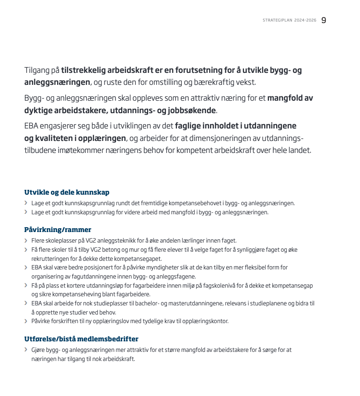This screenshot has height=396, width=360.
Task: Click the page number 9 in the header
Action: pos(324,20)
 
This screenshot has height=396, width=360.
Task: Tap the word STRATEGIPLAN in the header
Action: pos(278,21)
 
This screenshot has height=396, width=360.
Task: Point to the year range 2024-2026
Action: pos(306,21)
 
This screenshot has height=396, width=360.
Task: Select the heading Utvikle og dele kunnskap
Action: pos(67,192)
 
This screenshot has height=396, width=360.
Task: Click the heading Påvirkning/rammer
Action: pos(58,230)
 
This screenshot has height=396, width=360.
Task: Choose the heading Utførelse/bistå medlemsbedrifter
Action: pos(81,339)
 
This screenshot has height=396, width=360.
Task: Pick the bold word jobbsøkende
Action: pos(190,110)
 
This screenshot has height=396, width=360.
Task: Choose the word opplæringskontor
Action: pos(205,321)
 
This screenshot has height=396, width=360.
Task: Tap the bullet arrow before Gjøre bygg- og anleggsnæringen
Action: pos(26,350)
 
